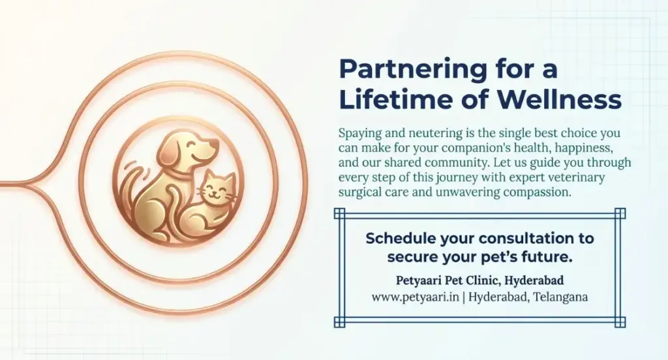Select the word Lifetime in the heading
coord(395,100)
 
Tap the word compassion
coord(531,192)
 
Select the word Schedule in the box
coord(399,237)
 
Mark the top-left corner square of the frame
coord(338,212)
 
